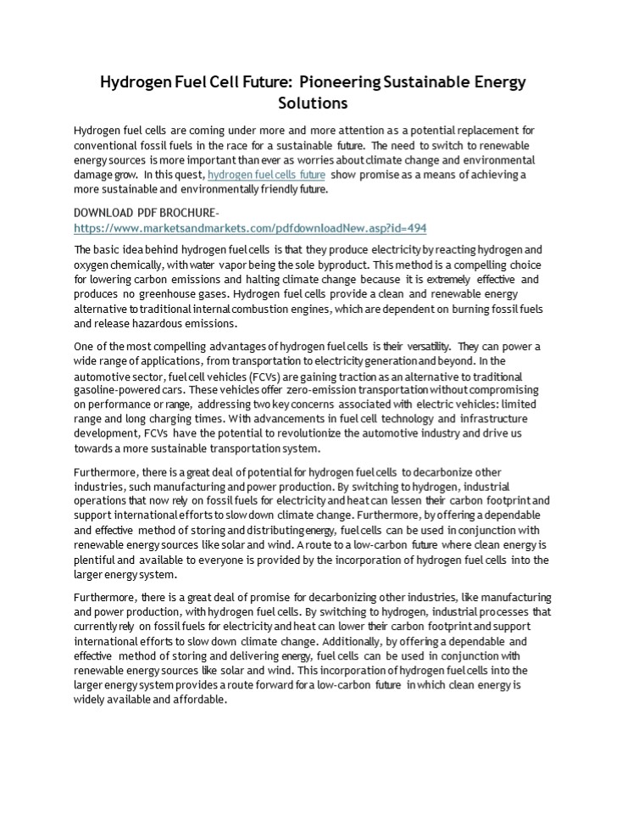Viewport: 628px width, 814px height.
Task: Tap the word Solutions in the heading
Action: coord(314,103)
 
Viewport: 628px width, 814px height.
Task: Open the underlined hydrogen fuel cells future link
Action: coord(266,175)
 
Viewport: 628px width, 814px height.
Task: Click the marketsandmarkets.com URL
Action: coord(250,228)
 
